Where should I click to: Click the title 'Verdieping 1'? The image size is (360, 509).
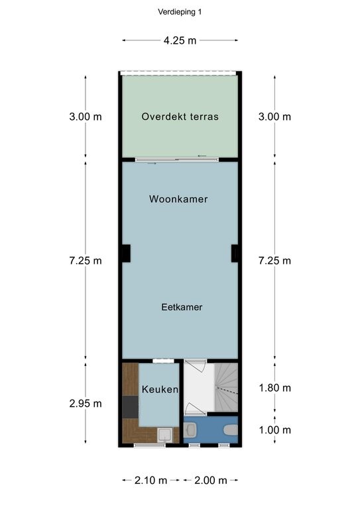pyautogui.click(x=180, y=12)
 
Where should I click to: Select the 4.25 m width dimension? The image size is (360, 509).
pyautogui.click(x=180, y=40)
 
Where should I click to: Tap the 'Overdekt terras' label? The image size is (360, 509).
pyautogui.click(x=180, y=117)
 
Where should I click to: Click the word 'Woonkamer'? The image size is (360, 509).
pyautogui.click(x=178, y=199)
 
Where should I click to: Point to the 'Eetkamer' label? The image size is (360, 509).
pyautogui.click(x=182, y=307)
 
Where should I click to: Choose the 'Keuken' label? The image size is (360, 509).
pyautogui.click(x=160, y=389)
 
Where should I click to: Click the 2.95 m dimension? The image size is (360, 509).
pyautogui.click(x=86, y=404)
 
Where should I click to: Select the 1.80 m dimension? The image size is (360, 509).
pyautogui.click(x=274, y=388)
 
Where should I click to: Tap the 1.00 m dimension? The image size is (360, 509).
pyautogui.click(x=274, y=430)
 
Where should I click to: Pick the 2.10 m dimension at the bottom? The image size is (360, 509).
pyautogui.click(x=150, y=480)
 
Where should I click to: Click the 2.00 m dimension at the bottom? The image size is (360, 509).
pyautogui.click(x=211, y=480)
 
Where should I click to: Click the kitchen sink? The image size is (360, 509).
pyautogui.click(x=165, y=435)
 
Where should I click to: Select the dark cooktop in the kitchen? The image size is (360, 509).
pyautogui.click(x=131, y=407)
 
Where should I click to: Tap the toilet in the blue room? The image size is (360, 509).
pyautogui.click(x=231, y=430)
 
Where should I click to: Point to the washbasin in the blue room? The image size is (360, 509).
pyautogui.click(x=190, y=429)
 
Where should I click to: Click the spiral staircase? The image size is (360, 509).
pyautogui.click(x=226, y=388)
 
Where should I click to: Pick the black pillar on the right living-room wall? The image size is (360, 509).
pyautogui.click(x=235, y=254)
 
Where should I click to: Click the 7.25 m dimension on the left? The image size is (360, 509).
pyautogui.click(x=86, y=260)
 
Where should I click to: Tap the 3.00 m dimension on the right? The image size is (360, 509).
pyautogui.click(x=274, y=117)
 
